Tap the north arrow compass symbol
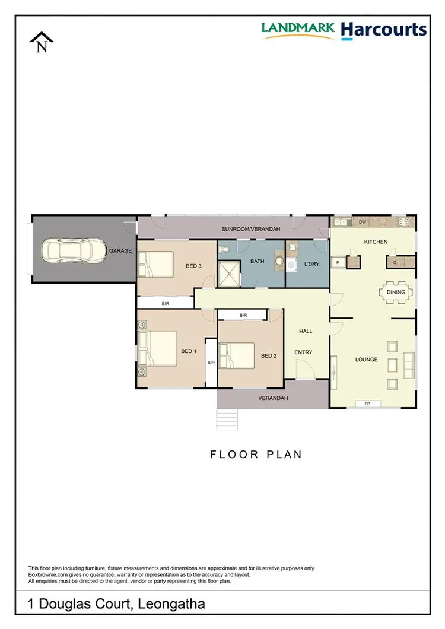[x=42, y=43]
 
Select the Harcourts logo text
[x=384, y=30]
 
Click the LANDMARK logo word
[x=298, y=28]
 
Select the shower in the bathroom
[x=229, y=273]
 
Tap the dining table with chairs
[x=396, y=292]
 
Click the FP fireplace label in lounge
[x=367, y=404]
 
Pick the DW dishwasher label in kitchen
[x=363, y=222]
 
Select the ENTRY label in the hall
[x=303, y=352]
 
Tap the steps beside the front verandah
[x=228, y=419]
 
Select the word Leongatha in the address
[x=171, y=605]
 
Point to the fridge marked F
[x=338, y=262]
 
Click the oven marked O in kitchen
[x=394, y=262]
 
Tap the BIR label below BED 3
[x=166, y=303]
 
